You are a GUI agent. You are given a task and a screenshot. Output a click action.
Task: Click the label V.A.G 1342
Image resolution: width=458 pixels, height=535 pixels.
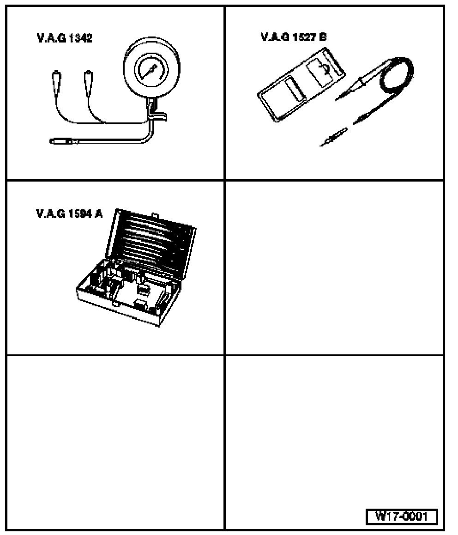(64, 38)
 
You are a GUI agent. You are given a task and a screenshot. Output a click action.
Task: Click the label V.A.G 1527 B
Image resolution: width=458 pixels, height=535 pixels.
(294, 37)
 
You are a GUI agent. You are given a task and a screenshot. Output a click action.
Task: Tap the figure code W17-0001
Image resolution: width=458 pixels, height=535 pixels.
(402, 516)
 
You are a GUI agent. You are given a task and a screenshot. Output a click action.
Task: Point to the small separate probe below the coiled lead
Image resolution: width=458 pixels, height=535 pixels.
(333, 137)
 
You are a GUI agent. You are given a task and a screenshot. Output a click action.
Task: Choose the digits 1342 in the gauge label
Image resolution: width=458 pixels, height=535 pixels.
(79, 38)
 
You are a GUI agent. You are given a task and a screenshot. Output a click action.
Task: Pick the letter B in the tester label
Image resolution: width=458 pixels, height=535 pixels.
(323, 37)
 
